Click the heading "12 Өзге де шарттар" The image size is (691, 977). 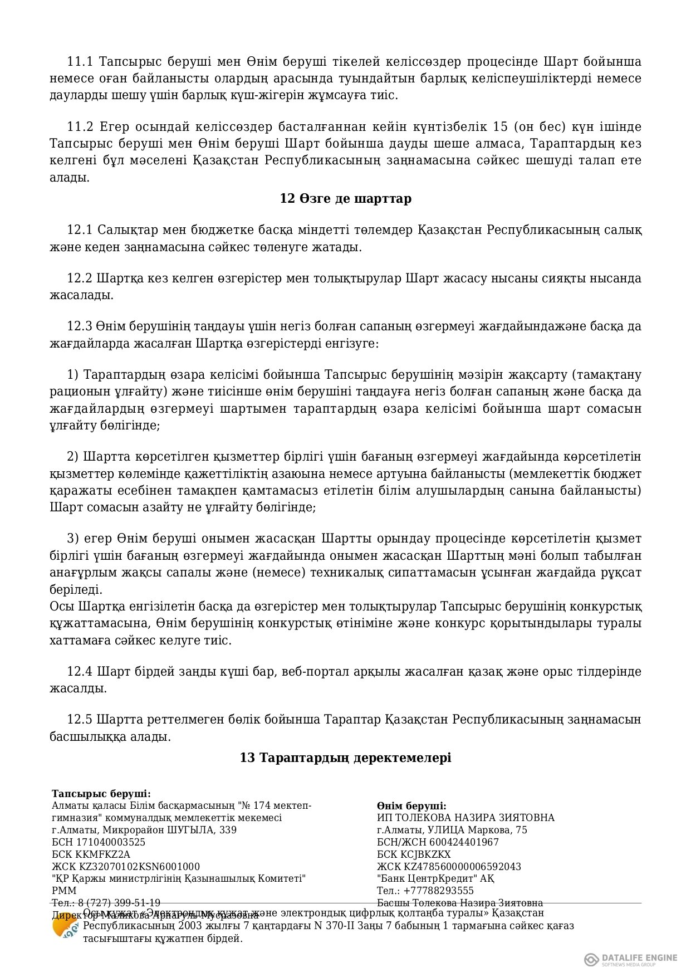[345, 199]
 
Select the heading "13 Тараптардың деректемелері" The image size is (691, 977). [345, 758]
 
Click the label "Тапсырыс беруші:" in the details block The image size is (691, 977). [101, 794]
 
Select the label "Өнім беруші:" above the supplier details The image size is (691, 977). [411, 806]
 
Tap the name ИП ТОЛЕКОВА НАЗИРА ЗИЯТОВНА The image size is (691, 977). [465, 818]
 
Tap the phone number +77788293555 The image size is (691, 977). [439, 891]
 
